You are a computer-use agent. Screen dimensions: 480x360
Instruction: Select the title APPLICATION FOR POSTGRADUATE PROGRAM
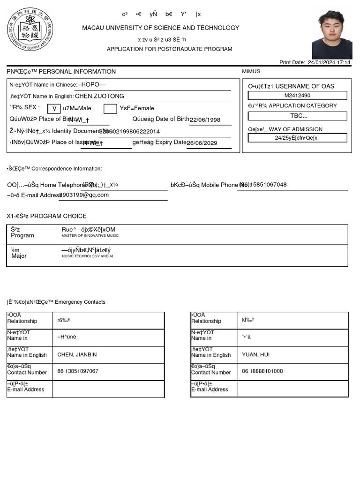point(169,49)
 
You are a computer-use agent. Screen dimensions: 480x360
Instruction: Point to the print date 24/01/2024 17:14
point(329,62)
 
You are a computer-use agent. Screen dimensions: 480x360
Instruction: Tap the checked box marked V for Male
point(54,109)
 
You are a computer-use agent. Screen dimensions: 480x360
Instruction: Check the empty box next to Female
point(110,109)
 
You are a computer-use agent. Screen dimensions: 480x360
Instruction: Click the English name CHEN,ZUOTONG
point(99,96)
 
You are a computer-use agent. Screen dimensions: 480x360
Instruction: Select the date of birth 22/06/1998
point(205,120)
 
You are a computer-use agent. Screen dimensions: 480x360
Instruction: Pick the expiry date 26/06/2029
point(202,143)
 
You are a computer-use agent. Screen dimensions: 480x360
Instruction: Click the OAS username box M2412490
point(297,96)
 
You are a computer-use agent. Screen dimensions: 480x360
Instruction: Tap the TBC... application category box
point(297,116)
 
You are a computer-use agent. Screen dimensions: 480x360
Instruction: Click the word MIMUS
point(251,72)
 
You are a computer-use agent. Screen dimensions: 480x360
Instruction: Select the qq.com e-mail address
point(84,195)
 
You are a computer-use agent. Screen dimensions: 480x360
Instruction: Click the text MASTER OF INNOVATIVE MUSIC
point(90,236)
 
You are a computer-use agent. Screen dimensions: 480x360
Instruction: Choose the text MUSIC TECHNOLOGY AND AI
point(87,257)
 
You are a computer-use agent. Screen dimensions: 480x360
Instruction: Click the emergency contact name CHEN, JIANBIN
point(77,355)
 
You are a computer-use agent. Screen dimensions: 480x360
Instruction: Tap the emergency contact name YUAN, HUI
point(255,355)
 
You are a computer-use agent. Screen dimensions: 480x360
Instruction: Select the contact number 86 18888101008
point(262,371)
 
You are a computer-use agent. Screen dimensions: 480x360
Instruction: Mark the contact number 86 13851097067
point(78,371)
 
